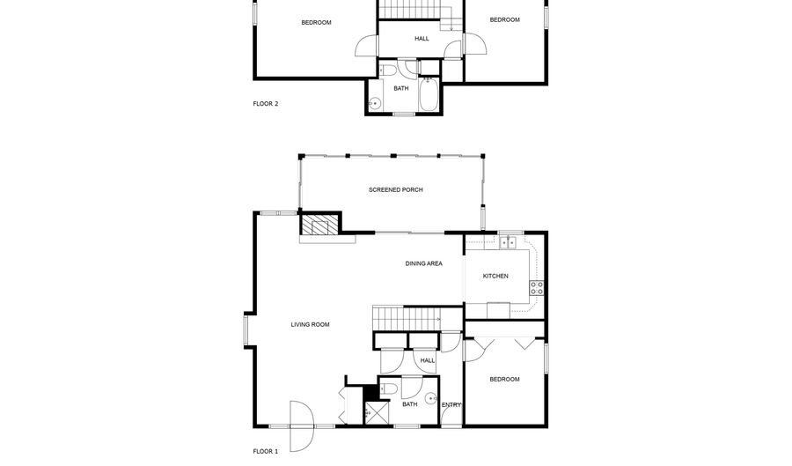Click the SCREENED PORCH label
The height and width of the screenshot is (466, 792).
[x=395, y=190]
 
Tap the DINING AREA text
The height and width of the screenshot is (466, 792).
[x=424, y=263]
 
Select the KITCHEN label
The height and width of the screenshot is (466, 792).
[x=495, y=276]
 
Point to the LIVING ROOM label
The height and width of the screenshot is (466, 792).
[x=310, y=324]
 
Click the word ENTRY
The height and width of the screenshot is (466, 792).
[x=451, y=405]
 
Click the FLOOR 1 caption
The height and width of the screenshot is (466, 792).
[x=266, y=451]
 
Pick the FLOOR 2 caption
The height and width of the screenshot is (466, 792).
[x=266, y=104]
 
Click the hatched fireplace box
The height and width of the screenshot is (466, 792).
[x=319, y=224]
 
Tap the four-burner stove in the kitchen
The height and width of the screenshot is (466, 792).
[x=537, y=288]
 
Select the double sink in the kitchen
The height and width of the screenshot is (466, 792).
[x=508, y=243]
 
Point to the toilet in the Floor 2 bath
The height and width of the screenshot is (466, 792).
[x=388, y=70]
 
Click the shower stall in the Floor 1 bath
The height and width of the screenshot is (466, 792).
[x=377, y=413]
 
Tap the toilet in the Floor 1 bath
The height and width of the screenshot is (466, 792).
[x=389, y=388]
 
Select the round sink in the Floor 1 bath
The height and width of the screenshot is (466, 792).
[x=431, y=398]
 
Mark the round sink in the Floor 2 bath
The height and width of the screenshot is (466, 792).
[x=375, y=104]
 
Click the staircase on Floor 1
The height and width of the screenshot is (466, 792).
[x=407, y=318]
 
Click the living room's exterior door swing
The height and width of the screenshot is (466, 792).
[x=302, y=426]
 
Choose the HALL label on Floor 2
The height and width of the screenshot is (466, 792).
[x=422, y=39]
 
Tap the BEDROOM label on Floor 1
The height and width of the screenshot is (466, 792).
[x=504, y=379]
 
